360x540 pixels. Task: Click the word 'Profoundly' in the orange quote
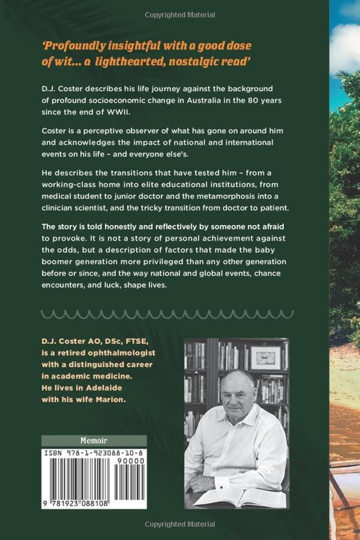click(x=74, y=46)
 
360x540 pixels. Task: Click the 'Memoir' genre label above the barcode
click(x=94, y=441)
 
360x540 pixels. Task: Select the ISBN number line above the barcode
click(x=94, y=452)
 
